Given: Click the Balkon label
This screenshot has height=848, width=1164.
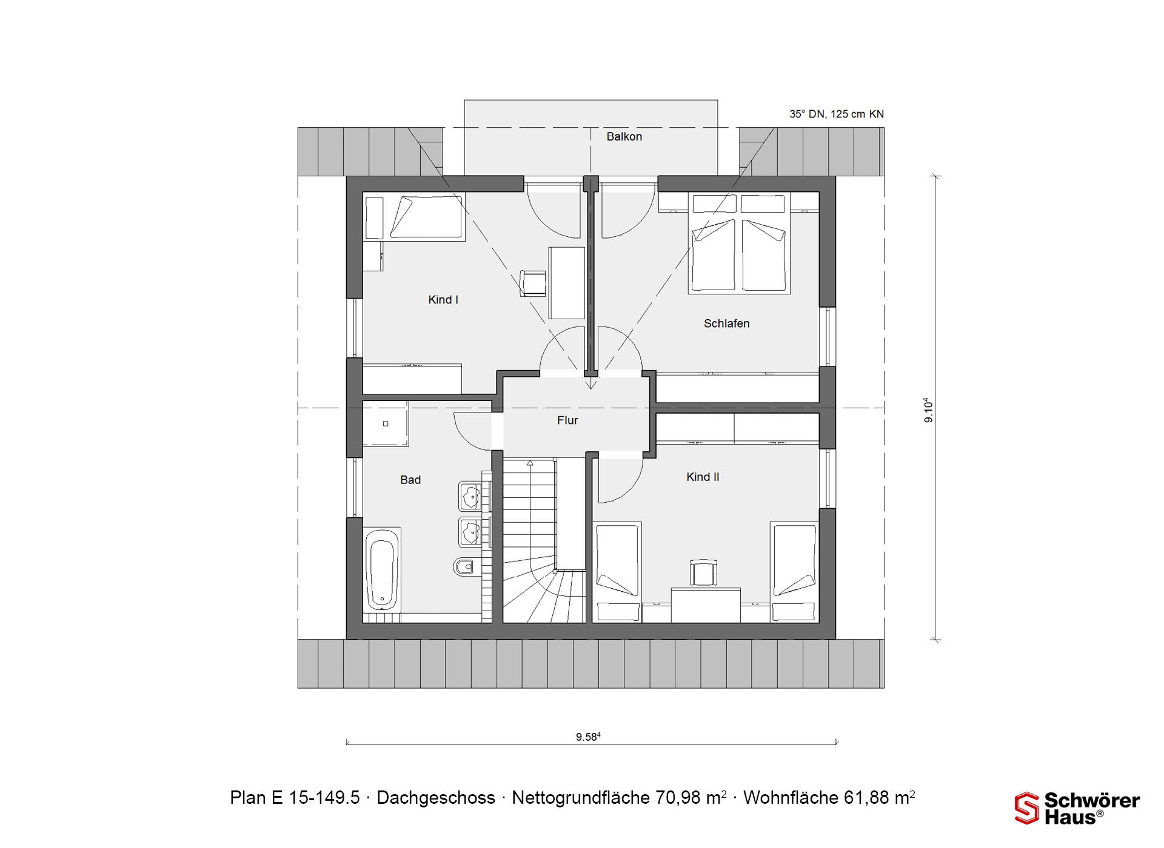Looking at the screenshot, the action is pos(624,137).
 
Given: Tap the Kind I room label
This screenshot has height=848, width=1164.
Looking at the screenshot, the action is pos(443,300).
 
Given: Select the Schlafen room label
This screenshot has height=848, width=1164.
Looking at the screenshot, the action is pos(726,324).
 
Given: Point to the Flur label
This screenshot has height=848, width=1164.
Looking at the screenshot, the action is pos(567,420).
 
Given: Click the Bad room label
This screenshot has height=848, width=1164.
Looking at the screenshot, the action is pos(410,480).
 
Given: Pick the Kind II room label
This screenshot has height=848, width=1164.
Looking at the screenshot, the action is pos(703,477).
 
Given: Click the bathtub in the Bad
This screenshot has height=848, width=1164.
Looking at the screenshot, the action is pos(382,569).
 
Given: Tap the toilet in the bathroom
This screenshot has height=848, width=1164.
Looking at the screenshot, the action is pos(464,567).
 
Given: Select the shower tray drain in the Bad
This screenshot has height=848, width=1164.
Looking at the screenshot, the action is pos(386,424).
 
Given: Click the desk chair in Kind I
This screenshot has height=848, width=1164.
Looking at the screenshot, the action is pos(533,283).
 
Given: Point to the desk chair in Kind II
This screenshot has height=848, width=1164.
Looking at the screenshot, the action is pos(704,572).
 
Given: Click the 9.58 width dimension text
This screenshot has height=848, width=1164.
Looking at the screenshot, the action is pos(588,737).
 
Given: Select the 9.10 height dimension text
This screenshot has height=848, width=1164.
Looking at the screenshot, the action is pos(928,410).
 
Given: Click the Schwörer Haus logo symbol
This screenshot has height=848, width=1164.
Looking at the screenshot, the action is pos(1027,809).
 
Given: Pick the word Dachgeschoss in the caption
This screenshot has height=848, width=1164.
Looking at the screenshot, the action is pos(436,798).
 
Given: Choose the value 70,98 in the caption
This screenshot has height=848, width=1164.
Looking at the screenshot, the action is pos(679,798).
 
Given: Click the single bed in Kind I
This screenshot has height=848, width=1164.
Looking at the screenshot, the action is pos(415,217).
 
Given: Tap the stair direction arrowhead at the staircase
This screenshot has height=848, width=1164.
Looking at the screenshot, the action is pos(530,463).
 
